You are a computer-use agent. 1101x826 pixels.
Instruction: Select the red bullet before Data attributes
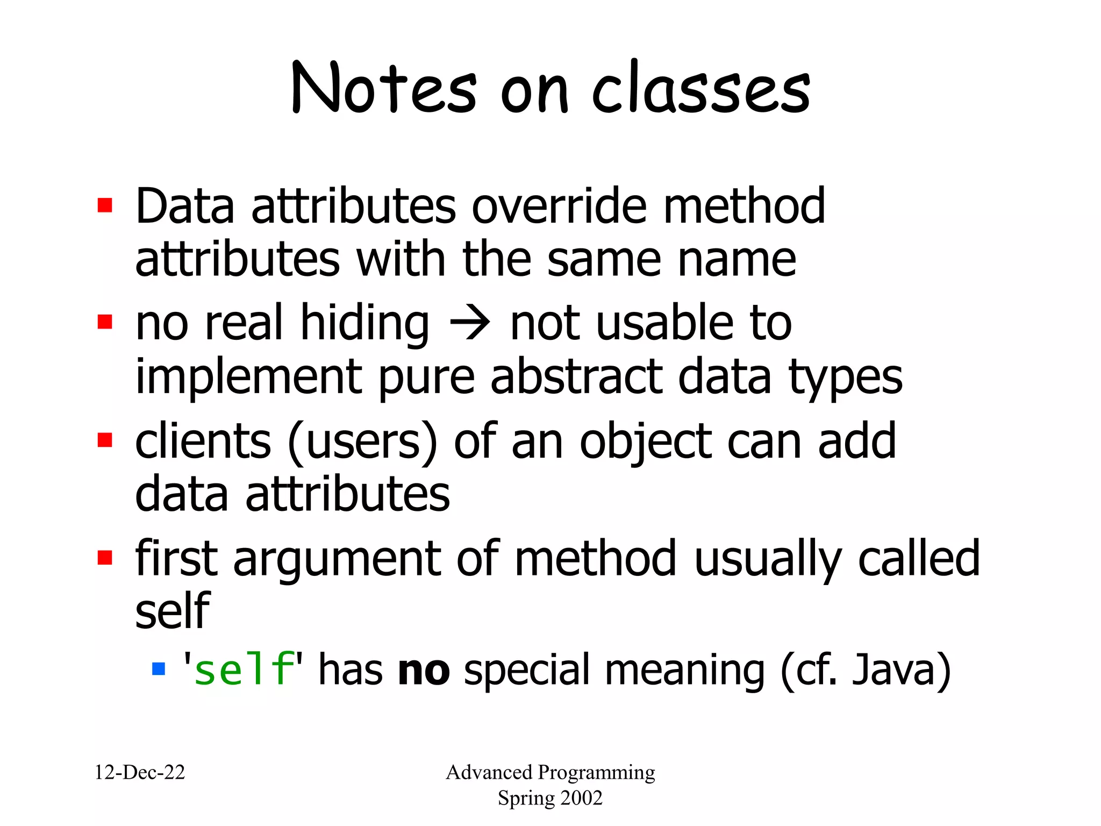coord(105,205)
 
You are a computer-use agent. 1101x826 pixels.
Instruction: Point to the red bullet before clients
coord(105,440)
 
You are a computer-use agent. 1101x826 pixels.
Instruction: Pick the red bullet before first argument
coord(105,557)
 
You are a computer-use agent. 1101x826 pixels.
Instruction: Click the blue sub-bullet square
coord(159,668)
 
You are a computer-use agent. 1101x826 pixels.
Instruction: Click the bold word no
coord(424,670)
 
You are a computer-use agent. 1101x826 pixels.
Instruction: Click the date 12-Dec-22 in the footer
coord(140,772)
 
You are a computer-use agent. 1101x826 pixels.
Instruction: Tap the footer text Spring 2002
coord(550,797)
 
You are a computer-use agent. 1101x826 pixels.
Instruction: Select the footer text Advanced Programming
coord(550,772)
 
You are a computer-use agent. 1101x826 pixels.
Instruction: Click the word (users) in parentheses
coord(363,442)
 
